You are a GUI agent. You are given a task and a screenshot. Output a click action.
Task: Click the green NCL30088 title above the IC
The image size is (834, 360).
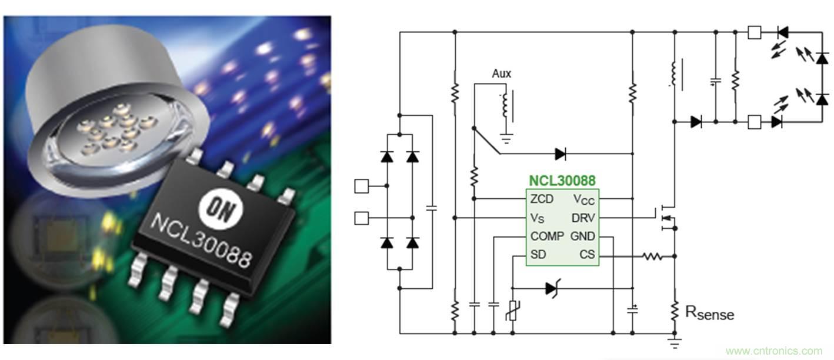click(x=562, y=181)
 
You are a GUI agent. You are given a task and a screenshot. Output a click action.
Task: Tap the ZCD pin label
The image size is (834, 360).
click(x=542, y=199)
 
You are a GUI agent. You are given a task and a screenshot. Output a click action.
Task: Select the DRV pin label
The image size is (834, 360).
click(x=583, y=218)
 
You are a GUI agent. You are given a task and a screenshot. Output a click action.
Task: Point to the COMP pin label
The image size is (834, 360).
click(x=546, y=236)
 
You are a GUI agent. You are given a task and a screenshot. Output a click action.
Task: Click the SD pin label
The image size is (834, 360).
click(x=538, y=255)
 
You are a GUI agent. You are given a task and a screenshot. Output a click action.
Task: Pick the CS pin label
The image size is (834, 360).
click(x=587, y=255)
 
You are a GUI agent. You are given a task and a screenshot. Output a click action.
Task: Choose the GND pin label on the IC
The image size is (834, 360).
click(x=582, y=236)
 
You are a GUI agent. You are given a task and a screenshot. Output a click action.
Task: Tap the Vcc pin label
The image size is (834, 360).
click(x=584, y=199)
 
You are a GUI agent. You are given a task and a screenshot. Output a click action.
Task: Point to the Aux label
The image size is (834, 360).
click(x=502, y=74)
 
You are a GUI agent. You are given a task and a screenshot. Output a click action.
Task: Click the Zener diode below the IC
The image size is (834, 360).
click(x=552, y=288)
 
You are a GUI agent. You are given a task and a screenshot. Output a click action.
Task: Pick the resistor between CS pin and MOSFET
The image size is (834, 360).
click(x=652, y=256)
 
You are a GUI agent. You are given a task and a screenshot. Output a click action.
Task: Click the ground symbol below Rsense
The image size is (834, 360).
click(x=675, y=342)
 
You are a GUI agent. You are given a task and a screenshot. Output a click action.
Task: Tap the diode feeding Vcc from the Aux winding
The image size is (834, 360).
click(x=560, y=154)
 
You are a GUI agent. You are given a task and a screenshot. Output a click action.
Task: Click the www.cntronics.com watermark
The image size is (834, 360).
click(x=774, y=351)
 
